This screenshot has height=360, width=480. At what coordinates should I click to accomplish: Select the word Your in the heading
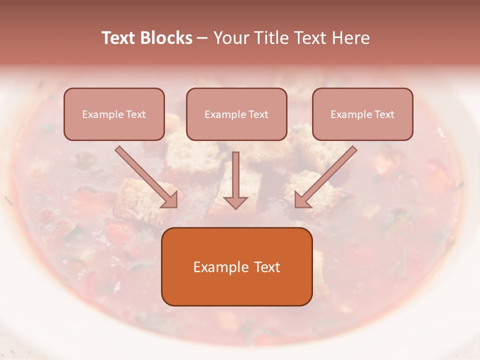[x=232, y=38]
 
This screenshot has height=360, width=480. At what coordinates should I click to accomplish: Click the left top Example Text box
[x=114, y=114]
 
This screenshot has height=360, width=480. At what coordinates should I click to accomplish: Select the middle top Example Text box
[x=236, y=114]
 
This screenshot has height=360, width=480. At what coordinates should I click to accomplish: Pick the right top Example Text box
[x=362, y=114]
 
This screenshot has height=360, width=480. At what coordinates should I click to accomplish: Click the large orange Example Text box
[x=236, y=266]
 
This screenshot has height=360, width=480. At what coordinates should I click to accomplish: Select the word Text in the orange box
[x=267, y=267]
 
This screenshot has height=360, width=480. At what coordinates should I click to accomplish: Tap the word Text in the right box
[x=384, y=114]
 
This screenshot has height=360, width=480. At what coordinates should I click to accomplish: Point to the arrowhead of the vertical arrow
[x=235, y=202]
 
